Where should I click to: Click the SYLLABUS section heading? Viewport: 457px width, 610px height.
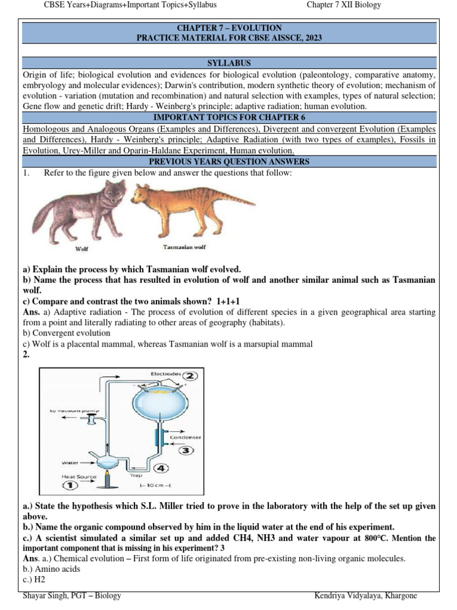(229, 63)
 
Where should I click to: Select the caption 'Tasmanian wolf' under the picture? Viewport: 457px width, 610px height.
(184, 247)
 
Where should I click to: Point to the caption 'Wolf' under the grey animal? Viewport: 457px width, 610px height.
(82, 249)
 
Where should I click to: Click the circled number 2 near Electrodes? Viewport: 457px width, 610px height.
(190, 376)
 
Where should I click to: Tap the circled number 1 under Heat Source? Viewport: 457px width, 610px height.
(70, 486)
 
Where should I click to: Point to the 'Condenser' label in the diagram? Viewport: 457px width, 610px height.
(186, 437)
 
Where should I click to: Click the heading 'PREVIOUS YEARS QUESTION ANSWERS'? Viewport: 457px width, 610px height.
(229, 161)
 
